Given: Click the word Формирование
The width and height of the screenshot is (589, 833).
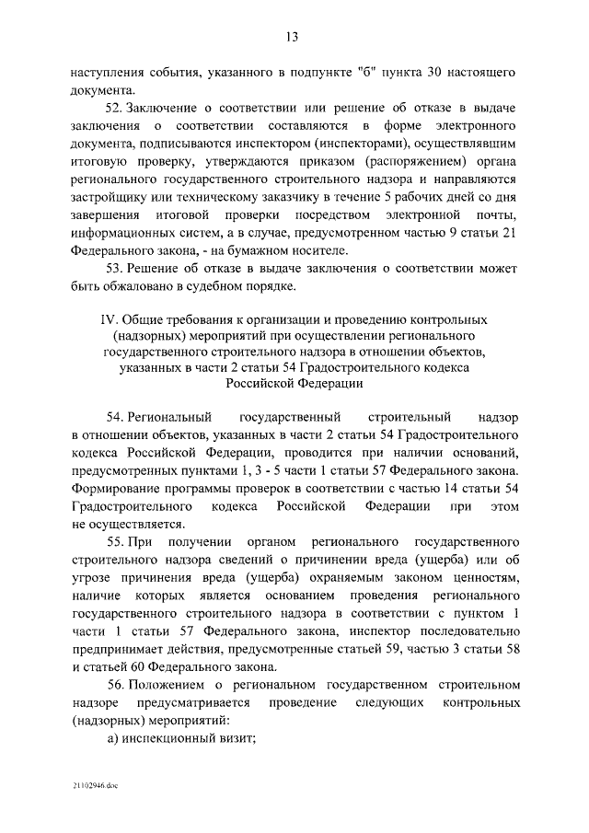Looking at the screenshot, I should point(114,485).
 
